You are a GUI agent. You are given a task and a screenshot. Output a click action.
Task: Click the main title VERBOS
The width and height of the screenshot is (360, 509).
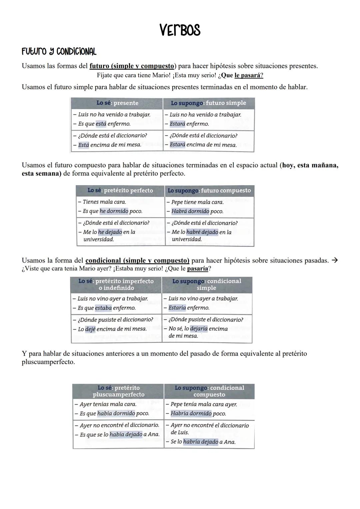180,30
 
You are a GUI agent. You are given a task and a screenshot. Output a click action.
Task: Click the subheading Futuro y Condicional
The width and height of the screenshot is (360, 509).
59,52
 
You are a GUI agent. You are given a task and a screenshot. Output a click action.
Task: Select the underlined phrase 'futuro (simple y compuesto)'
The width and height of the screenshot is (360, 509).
132,66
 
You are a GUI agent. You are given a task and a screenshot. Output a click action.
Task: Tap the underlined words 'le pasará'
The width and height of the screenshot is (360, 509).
248,75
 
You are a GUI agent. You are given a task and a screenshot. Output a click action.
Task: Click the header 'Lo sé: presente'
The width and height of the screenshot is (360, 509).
117,103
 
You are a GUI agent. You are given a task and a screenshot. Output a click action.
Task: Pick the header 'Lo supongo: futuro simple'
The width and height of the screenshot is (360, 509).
208,103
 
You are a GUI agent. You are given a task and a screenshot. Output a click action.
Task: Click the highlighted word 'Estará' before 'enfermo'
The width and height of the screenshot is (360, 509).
177,124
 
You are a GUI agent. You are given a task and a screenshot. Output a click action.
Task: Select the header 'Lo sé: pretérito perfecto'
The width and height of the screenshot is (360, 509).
120,191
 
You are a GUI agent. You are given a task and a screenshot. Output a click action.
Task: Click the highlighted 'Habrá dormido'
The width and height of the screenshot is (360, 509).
190,211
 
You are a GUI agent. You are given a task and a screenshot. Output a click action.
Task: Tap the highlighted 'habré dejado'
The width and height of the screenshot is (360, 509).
202,232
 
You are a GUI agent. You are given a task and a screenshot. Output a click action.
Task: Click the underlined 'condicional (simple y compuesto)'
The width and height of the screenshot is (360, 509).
137,260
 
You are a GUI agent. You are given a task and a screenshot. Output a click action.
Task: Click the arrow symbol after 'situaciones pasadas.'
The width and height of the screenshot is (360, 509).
335,260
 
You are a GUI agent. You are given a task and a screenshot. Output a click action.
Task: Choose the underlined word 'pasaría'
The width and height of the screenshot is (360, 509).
197,268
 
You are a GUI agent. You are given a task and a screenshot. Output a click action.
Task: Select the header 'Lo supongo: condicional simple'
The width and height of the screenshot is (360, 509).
207,284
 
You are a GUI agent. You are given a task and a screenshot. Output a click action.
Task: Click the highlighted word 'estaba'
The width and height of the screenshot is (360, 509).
103,308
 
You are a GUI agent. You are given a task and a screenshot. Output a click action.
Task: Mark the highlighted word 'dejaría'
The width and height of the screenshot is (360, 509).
199,329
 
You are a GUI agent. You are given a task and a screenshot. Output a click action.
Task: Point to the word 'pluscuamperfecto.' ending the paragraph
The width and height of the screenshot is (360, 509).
48,362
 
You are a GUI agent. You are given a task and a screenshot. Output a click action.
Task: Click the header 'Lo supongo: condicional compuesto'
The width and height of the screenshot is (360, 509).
209,391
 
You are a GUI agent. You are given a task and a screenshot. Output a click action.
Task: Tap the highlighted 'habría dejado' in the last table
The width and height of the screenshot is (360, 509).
200,442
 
